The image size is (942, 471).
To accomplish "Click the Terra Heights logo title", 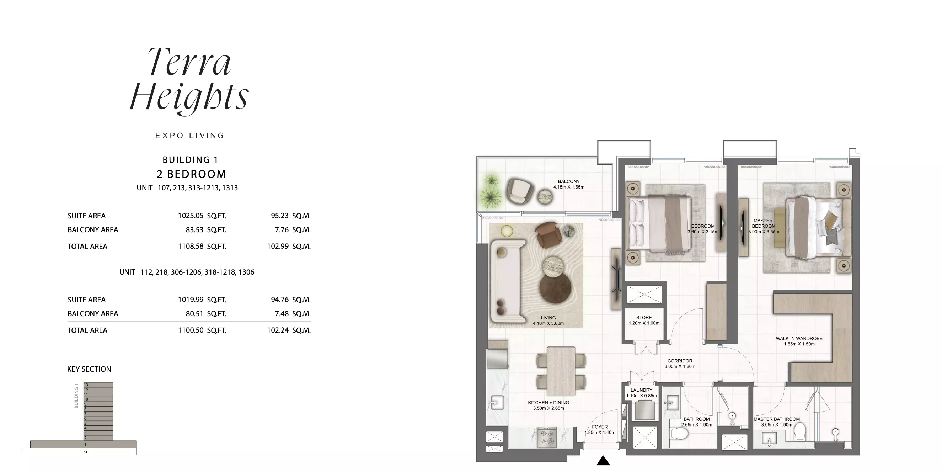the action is click(189, 80).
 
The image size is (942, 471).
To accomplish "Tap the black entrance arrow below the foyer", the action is click(603, 460).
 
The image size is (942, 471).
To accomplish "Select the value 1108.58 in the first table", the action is click(191, 246).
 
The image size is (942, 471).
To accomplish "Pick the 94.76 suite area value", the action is click(280, 300).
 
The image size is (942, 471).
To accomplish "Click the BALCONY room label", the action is click(569, 181).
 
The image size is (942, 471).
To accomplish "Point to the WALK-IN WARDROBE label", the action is click(799, 339).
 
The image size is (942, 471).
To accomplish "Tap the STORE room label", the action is click(644, 318).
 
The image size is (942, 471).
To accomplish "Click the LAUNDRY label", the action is click(641, 390).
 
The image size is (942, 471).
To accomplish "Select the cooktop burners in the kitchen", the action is click(547, 437).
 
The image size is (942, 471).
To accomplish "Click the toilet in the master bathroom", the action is click(800, 432).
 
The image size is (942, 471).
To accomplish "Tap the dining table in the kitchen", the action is click(561, 371).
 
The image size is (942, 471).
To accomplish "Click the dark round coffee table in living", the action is click(555, 289).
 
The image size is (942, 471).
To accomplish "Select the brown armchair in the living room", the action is click(548, 234).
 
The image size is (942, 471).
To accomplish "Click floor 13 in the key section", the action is click(98, 385).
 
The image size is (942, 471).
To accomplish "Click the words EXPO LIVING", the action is click(189, 136).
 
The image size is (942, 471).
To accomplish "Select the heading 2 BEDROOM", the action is click(191, 174).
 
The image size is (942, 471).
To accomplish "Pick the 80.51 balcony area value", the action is click(194, 314).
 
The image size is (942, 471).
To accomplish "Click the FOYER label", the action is click(600, 427).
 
